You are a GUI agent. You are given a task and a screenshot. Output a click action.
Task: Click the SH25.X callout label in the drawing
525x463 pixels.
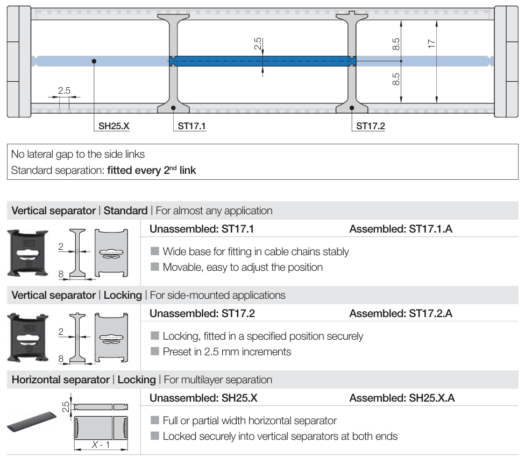click(x=114, y=127)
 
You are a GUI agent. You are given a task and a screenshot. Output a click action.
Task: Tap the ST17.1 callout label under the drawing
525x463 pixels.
click(x=192, y=127)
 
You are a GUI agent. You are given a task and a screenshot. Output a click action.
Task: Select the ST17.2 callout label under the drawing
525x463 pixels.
click(x=371, y=127)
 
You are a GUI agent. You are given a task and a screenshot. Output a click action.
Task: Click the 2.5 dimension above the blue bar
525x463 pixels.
click(x=258, y=44)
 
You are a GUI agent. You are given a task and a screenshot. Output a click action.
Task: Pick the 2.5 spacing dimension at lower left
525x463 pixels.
click(x=64, y=90)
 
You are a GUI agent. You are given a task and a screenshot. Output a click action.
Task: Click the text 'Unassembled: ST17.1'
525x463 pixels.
click(x=202, y=229)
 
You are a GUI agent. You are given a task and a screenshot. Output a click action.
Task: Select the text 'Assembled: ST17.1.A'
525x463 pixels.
click(x=401, y=229)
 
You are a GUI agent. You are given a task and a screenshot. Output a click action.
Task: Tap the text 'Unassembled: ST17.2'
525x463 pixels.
click(x=202, y=313)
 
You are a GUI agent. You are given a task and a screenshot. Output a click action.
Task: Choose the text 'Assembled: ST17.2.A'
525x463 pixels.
click(x=401, y=313)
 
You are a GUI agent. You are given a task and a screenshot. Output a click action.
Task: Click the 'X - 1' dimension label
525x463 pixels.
click(x=101, y=445)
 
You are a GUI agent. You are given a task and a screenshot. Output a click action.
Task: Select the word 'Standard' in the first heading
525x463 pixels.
click(x=125, y=211)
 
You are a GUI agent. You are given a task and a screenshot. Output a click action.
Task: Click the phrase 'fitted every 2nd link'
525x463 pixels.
click(x=151, y=171)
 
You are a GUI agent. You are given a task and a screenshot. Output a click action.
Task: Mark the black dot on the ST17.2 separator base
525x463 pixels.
click(x=352, y=108)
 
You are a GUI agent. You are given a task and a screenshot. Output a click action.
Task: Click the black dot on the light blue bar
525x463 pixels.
click(x=94, y=61)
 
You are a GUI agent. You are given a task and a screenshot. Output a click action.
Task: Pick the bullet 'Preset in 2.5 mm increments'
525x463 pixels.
click(x=226, y=352)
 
